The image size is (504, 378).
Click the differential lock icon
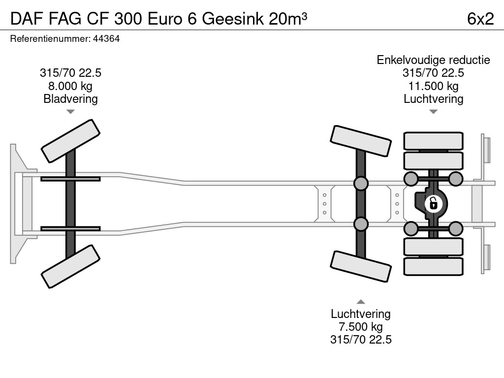click(433, 203)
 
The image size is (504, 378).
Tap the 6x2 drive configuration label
click(480, 19)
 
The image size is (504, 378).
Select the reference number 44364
click(106, 39)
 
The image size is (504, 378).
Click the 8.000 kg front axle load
click(70, 86)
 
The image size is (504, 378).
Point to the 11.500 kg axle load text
click(433, 86)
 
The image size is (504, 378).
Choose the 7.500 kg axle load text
click(361, 327)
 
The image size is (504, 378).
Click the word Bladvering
click(70, 99)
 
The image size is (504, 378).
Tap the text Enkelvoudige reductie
click(433, 60)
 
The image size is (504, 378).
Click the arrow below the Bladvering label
click(70, 112)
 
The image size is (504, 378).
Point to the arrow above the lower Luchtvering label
click(361, 302)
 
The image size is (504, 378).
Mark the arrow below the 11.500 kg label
click(433, 112)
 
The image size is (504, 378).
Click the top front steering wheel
click(71, 141)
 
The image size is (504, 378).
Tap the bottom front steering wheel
click(71, 266)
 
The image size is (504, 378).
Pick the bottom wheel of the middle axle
click(361, 266)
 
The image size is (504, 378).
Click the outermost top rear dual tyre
click(433, 140)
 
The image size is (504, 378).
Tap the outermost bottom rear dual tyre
click(433, 266)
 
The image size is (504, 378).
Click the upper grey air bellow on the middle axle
click(361, 184)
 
